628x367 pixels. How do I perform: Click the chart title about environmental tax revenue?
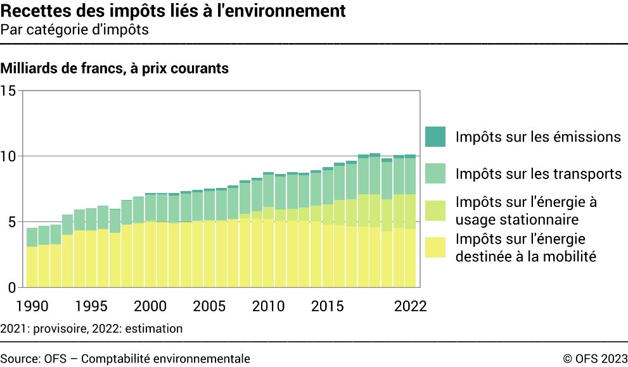coord(173,11)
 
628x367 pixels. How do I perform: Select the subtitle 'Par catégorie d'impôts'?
coord(75,30)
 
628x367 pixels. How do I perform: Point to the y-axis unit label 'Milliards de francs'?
coord(115,68)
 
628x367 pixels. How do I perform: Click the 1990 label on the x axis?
coord(32,306)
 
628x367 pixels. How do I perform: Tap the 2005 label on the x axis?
coord(210,306)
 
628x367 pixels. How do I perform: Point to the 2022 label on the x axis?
coord(410,306)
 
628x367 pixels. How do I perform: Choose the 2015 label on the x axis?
coord(328,306)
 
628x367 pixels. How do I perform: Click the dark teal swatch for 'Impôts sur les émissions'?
coord(436,137)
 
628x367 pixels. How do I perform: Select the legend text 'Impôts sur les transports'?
coord(538,173)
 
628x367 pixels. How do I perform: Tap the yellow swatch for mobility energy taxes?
coord(436,247)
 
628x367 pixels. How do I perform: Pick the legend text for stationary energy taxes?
coord(526,210)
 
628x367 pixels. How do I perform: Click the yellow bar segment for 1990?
coord(32,266)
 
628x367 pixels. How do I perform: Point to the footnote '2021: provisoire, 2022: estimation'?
coord(92,328)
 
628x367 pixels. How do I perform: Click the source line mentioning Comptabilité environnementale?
coord(125,359)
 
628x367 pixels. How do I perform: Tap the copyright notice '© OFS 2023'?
coord(594,359)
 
